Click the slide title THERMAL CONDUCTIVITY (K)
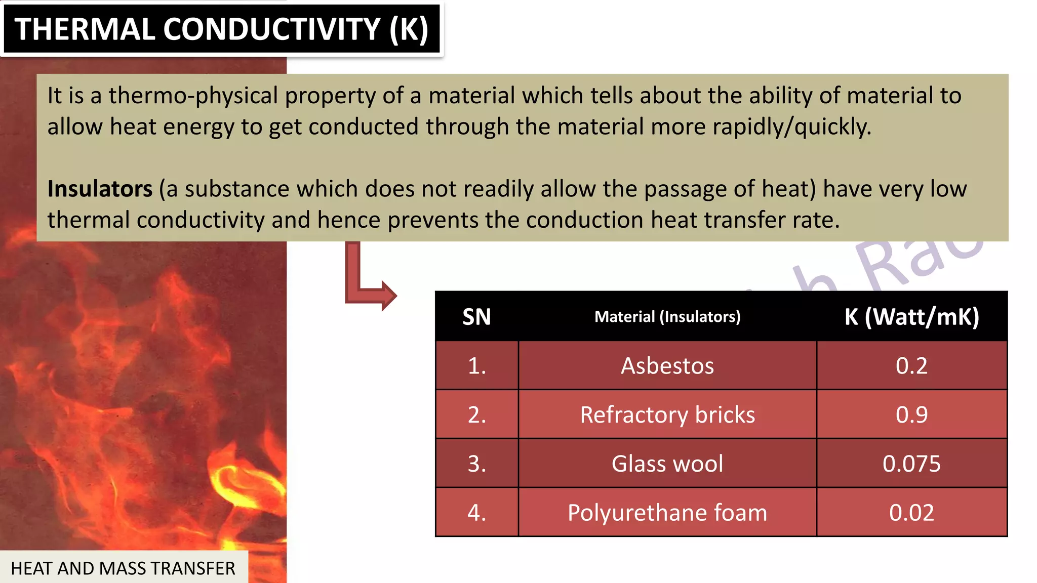pos(221,29)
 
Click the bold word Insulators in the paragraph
pos(100,189)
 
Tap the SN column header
pos(476,317)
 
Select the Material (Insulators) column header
pos(667,317)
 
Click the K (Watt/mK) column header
pos(911,317)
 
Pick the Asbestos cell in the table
pos(667,366)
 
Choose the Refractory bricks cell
pos(667,415)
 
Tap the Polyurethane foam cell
pos(667,513)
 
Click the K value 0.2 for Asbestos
pos(911,366)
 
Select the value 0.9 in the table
pos(911,415)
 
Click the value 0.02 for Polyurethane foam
pos(911,513)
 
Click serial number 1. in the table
pos(476,366)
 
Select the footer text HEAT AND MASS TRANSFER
pos(123,568)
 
